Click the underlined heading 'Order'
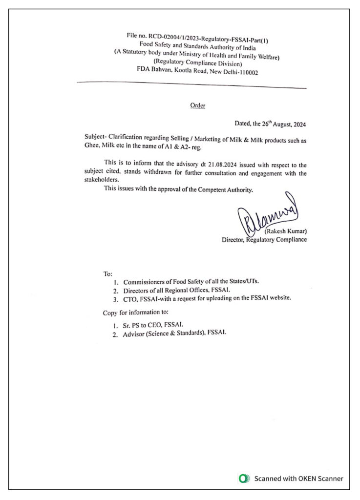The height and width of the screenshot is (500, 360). pos(198,105)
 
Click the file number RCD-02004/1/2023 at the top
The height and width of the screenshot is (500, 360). pos(167,36)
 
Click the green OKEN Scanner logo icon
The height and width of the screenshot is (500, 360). pos(243,479)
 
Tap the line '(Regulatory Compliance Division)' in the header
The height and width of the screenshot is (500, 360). pos(197,62)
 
